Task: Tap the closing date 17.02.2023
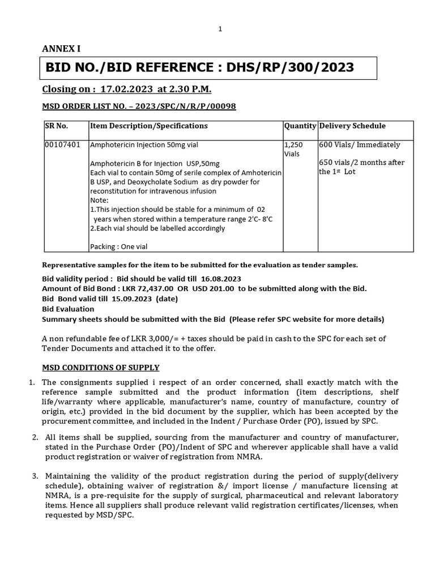127,89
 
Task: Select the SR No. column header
57,126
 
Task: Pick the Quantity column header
300,126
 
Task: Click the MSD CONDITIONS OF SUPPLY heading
101,368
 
